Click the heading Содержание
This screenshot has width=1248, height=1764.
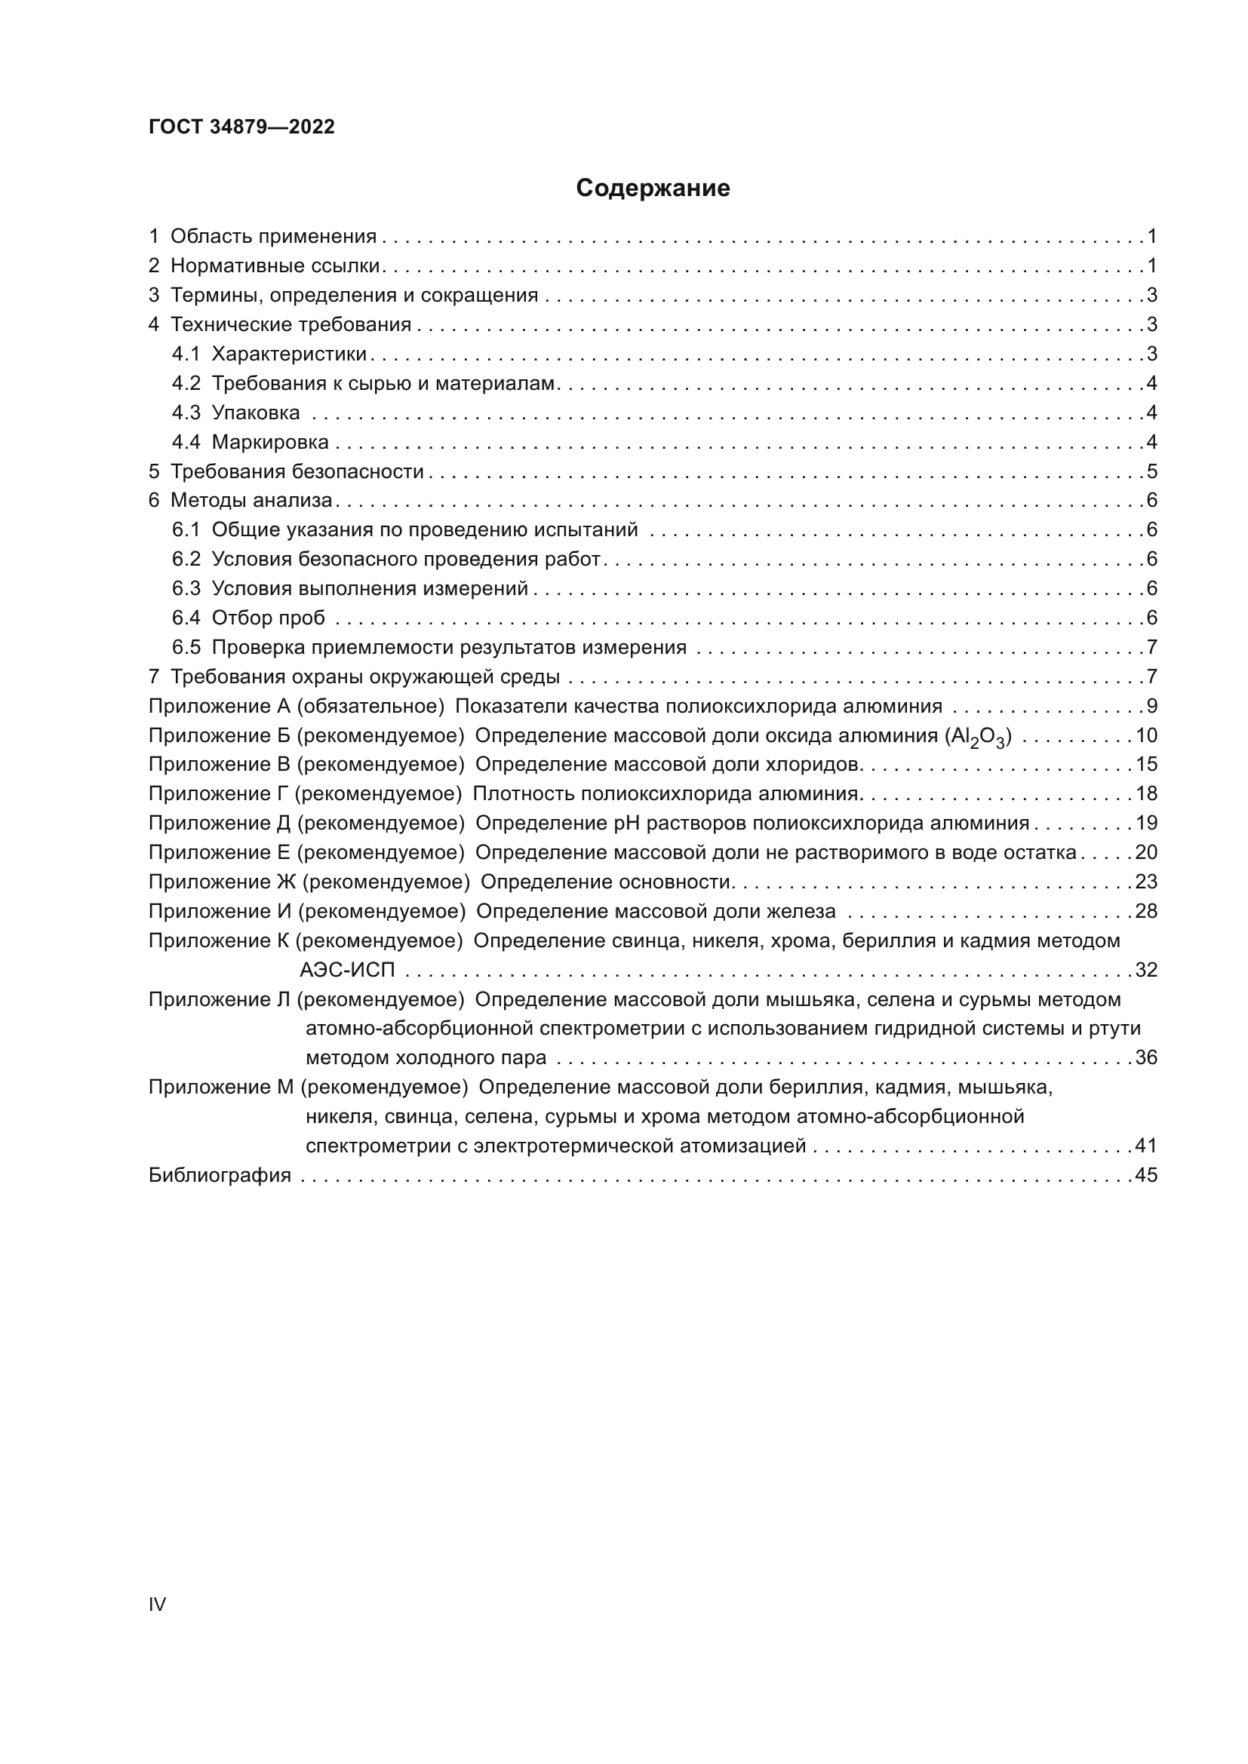coord(653,189)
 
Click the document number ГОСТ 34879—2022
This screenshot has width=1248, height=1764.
coord(241,127)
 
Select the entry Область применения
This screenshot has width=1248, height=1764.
coord(273,236)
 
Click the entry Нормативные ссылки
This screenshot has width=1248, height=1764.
coord(275,265)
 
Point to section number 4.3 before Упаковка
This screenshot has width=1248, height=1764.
coord(185,413)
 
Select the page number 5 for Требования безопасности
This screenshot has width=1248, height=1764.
coord(1151,471)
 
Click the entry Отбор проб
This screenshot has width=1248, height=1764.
coord(268,618)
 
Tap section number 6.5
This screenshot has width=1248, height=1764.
coord(185,647)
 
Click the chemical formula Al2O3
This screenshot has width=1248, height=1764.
coord(976,737)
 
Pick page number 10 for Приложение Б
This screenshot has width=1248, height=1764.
coord(1146,735)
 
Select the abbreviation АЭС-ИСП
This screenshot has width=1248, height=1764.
coord(346,970)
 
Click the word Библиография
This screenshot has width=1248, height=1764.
coord(220,1175)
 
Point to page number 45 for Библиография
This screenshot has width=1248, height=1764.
coord(1146,1175)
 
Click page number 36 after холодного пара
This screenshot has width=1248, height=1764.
coord(1146,1057)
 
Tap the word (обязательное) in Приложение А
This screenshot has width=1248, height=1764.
coord(369,706)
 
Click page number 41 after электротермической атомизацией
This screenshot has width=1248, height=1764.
coord(1146,1146)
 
